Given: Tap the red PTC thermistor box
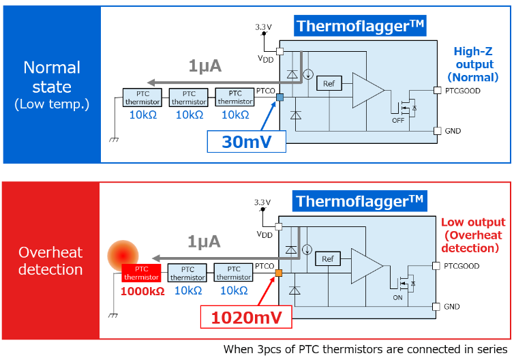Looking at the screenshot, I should pyautogui.click(x=142, y=273).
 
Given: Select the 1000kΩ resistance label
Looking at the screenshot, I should pyautogui.click(x=142, y=290).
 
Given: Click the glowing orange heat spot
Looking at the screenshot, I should pyautogui.click(x=123, y=255).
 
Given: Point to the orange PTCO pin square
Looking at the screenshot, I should pyautogui.click(x=279, y=274).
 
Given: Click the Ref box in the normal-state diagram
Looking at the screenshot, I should pyautogui.click(x=329, y=84).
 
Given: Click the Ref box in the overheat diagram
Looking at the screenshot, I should pyautogui.click(x=328, y=259).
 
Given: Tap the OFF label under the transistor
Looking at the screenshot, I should pyautogui.click(x=398, y=120).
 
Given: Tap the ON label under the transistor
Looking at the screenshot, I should pyautogui.click(x=397, y=297).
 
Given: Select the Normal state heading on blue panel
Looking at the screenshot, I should pyautogui.click(x=52, y=85).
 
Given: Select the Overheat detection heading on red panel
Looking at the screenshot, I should pyautogui.click(x=50, y=260).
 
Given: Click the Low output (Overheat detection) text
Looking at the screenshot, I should pyautogui.click(x=474, y=235).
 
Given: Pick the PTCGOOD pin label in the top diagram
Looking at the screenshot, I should pyautogui.click(x=462, y=90).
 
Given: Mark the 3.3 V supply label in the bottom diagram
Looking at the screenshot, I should pyautogui.click(x=262, y=202).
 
